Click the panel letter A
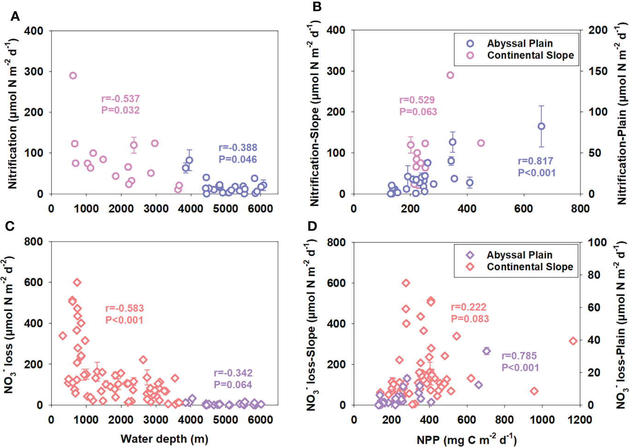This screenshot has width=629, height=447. [x=15, y=17]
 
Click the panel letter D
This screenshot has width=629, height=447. [x=313, y=226]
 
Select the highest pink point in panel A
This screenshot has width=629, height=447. [x=73, y=76]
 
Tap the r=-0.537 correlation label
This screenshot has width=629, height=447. [x=120, y=99]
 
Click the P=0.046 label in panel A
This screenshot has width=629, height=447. [x=237, y=159]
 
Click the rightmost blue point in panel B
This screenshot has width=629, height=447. [x=541, y=126]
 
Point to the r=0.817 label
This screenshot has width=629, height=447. [x=535, y=161]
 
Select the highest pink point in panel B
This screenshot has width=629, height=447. [x=450, y=75]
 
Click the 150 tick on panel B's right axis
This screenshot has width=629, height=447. [x=598, y=71]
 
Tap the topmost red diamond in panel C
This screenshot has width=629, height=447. [x=77, y=282]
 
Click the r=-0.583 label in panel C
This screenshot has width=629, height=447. [x=125, y=308]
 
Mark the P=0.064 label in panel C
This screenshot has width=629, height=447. [x=233, y=385]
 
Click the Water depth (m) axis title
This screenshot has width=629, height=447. [x=164, y=439]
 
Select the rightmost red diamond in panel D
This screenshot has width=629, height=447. [x=573, y=341]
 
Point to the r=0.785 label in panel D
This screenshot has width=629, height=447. [x=519, y=356]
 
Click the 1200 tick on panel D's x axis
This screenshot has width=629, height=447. [x=580, y=420]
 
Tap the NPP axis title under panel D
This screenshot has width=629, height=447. [x=466, y=440]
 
